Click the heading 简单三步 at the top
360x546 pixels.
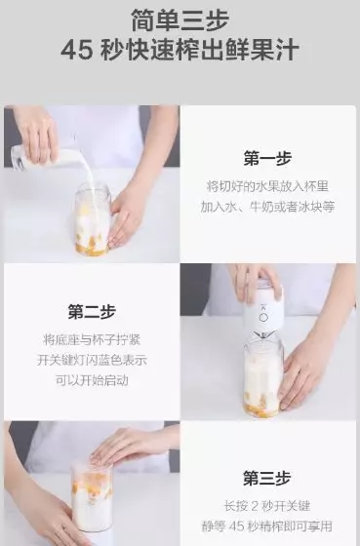click(180, 19)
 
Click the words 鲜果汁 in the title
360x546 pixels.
click(264, 51)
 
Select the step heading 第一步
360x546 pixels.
click(268, 158)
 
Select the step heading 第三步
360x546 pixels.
click(268, 478)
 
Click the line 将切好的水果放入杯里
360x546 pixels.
click(268, 185)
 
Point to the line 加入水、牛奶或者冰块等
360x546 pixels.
click(268, 207)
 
